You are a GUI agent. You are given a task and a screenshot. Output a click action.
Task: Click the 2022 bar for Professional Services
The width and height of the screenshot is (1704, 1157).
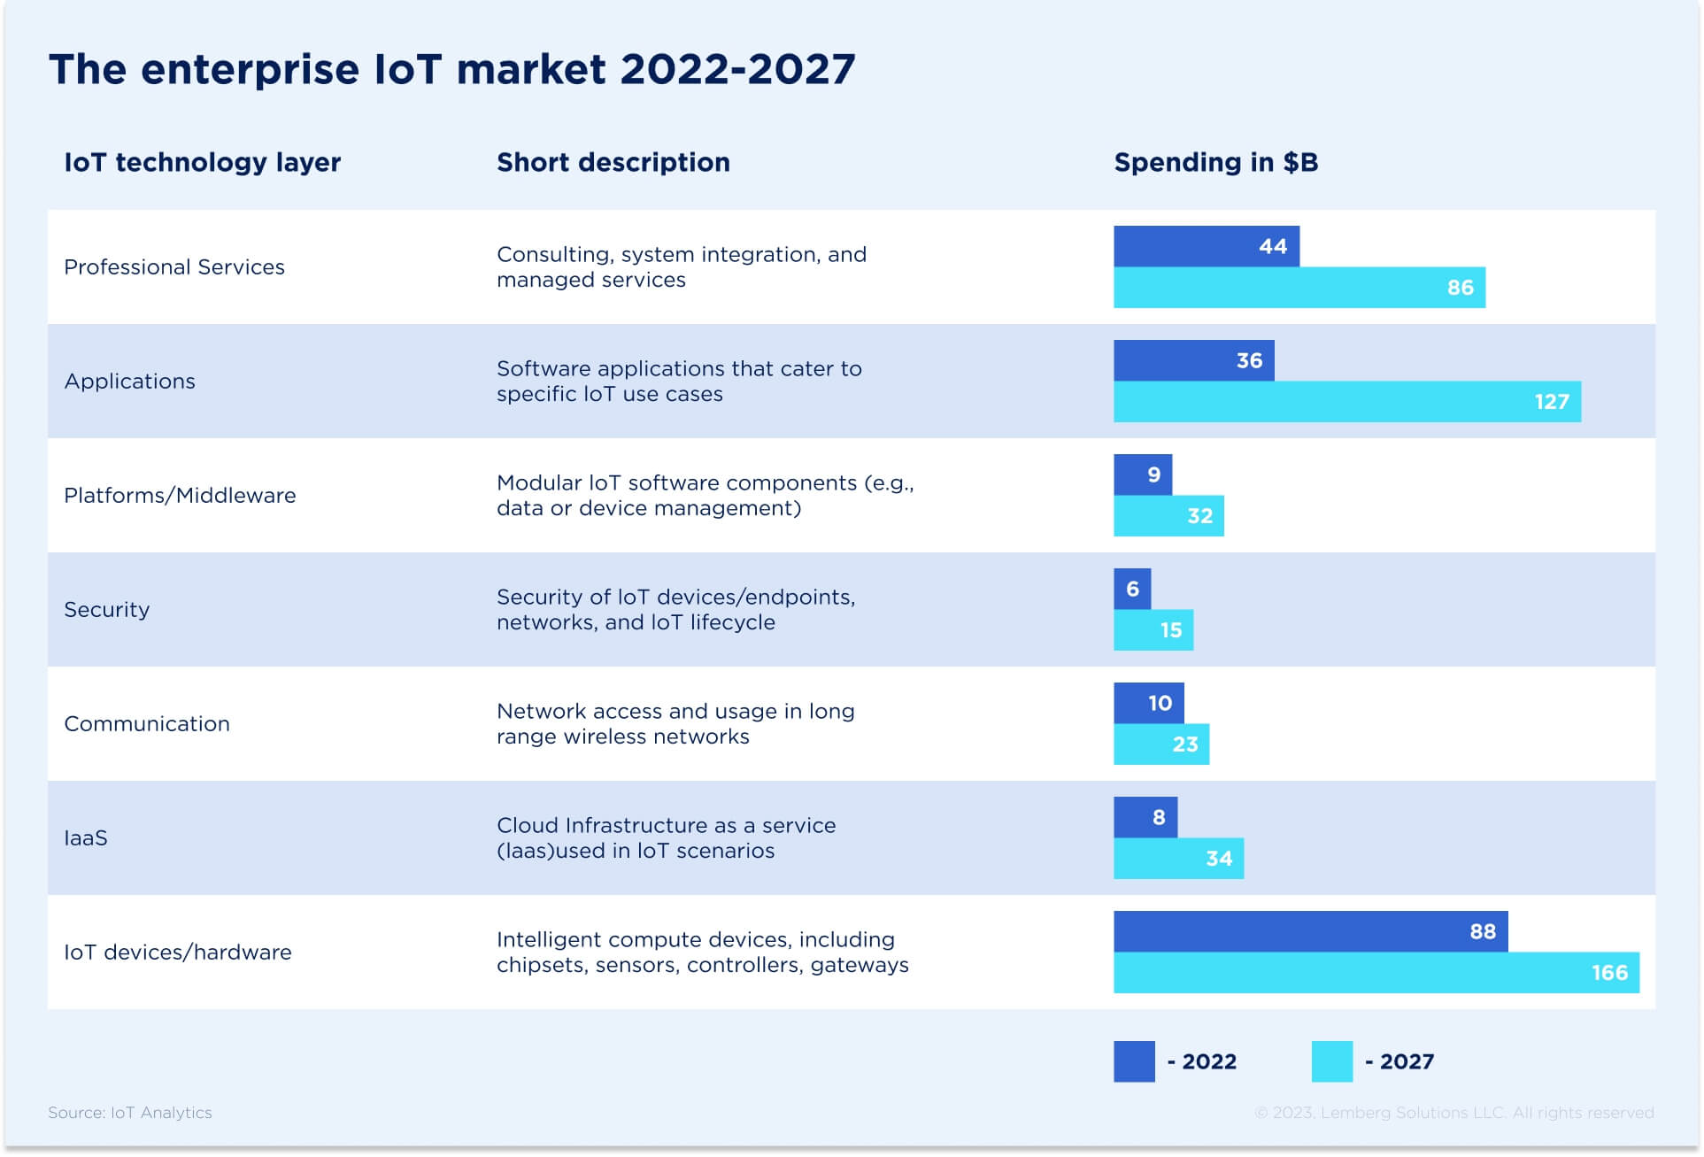tap(1206, 246)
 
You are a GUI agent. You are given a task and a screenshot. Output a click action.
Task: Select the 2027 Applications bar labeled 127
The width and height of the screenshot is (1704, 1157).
tap(1346, 402)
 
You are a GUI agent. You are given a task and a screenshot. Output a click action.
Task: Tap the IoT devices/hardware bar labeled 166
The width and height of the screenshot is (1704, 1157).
tap(1376, 972)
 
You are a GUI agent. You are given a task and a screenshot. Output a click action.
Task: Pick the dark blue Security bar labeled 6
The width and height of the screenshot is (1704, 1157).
tap(1132, 590)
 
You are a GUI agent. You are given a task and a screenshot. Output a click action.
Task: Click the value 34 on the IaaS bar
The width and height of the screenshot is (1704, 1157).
tap(1219, 859)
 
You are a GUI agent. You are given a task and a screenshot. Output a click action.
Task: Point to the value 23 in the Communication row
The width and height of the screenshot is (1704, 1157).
tap(1185, 744)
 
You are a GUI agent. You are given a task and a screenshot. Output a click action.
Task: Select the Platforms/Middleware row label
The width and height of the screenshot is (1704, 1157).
tap(180, 496)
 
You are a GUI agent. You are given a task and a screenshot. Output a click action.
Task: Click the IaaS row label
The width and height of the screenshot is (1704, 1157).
tap(86, 838)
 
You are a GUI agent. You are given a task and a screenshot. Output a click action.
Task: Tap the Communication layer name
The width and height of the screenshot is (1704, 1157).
tap(147, 724)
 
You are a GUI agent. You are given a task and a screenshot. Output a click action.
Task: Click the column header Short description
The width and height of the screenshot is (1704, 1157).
tap(613, 163)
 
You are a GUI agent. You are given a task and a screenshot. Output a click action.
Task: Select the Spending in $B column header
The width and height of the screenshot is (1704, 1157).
tap(1215, 163)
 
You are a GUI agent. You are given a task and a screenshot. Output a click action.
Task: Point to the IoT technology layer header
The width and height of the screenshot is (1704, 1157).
tap(202, 163)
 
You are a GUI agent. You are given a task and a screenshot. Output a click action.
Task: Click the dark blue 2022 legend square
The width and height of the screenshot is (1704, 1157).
tap(1134, 1061)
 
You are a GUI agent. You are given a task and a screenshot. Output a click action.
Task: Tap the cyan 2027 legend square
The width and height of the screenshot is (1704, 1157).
tap(1331, 1061)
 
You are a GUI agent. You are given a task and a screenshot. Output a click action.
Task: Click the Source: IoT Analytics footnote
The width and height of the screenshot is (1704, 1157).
tap(130, 1113)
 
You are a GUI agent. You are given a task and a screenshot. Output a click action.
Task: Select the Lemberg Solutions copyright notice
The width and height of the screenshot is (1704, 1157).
tap(1453, 1113)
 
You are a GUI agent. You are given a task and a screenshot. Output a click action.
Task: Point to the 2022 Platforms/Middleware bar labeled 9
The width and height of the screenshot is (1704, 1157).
tap(1143, 475)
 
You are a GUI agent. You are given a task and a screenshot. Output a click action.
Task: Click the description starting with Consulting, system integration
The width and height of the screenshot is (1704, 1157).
tap(681, 267)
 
